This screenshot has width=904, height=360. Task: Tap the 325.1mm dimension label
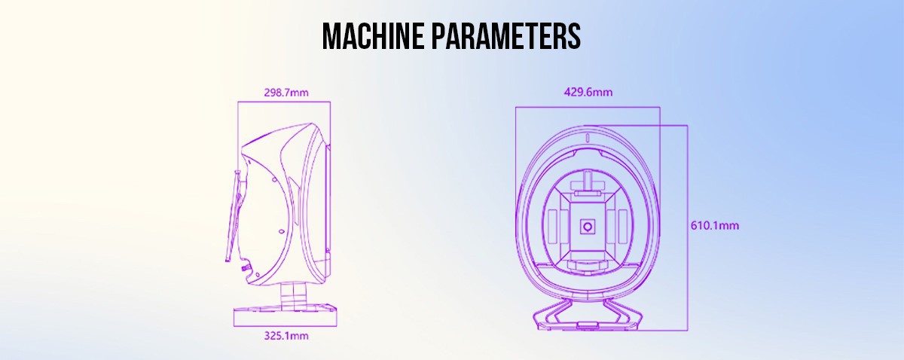282,335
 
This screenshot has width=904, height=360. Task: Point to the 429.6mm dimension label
588,93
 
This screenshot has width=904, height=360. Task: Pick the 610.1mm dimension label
716,225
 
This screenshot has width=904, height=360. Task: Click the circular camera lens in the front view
588,226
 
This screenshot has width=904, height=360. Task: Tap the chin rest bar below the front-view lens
588,264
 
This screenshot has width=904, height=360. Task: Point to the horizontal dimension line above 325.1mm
282,325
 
